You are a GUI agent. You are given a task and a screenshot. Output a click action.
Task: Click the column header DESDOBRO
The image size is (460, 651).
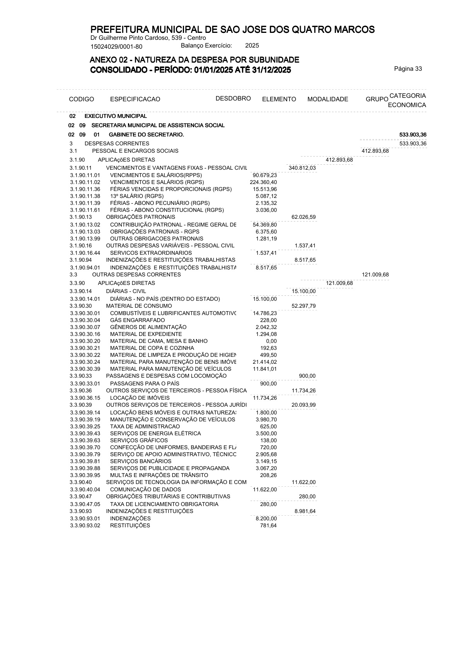(x=233, y=98)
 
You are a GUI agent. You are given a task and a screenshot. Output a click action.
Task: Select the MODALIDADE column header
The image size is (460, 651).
(x=327, y=99)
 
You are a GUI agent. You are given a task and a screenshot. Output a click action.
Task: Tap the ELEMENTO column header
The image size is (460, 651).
(x=279, y=99)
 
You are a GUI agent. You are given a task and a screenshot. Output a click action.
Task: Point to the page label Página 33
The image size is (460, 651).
(x=408, y=69)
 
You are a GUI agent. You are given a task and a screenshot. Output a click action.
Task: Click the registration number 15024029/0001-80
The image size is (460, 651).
(x=116, y=47)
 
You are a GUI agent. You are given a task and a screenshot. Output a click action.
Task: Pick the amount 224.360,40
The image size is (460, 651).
(x=263, y=182)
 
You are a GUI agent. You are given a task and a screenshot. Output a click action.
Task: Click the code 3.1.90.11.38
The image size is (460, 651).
(x=85, y=196)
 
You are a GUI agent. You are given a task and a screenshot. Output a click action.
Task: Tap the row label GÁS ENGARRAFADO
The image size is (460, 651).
(x=137, y=320)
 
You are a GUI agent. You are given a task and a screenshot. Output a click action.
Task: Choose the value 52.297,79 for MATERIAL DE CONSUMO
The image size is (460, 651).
(x=303, y=306)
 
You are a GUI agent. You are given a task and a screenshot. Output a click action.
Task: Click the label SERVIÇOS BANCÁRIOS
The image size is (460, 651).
(x=141, y=461)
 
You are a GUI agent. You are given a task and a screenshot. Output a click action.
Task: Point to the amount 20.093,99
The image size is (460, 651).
(x=303, y=405)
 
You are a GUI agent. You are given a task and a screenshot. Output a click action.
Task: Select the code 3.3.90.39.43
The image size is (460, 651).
(x=85, y=433)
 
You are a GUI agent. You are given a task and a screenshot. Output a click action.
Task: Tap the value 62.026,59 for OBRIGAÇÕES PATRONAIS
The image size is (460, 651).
(x=303, y=217)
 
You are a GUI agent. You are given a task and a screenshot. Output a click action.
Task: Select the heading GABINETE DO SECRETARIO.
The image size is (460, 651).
(x=147, y=135)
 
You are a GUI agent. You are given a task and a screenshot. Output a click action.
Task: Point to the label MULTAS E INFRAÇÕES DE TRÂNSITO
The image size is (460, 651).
(x=159, y=475)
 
